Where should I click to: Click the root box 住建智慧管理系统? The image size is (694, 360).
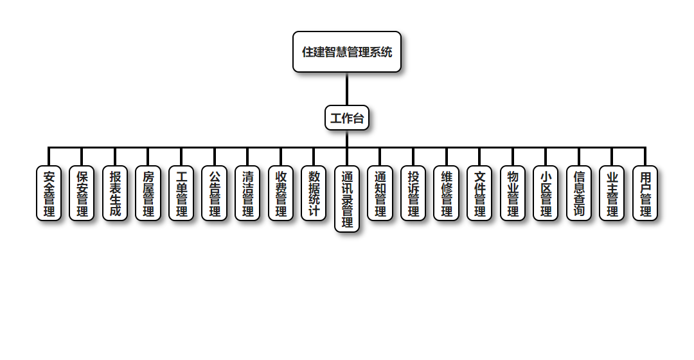pyautogui.click(x=347, y=52)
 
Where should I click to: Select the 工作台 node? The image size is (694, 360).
pyautogui.click(x=347, y=118)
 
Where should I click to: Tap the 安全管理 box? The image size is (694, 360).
pyautogui.click(x=49, y=194)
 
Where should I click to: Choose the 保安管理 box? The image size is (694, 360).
pyautogui.click(x=82, y=194)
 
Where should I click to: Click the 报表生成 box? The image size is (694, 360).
pyautogui.click(x=115, y=194)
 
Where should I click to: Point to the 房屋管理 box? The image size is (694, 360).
pyautogui.click(x=148, y=194)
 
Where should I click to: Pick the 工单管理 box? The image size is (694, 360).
pyautogui.click(x=182, y=194)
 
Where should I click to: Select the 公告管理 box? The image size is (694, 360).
pyautogui.click(x=215, y=194)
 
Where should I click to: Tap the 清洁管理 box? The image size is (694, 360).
pyautogui.click(x=248, y=194)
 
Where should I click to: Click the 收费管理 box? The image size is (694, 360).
pyautogui.click(x=281, y=194)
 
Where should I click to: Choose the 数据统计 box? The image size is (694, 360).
pyautogui.click(x=314, y=194)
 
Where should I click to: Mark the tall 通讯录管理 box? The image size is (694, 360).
pyautogui.click(x=347, y=199)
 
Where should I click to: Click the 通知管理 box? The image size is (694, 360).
pyautogui.click(x=380, y=194)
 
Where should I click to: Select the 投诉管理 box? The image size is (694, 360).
pyautogui.click(x=414, y=194)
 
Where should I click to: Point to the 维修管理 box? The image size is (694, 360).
pyautogui.click(x=447, y=194)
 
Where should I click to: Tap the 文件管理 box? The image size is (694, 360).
pyautogui.click(x=480, y=194)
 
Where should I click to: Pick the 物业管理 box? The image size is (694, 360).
pyautogui.click(x=513, y=194)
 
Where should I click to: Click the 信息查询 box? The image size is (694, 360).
pyautogui.click(x=579, y=194)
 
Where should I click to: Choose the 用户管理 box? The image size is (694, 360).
pyautogui.click(x=645, y=194)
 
